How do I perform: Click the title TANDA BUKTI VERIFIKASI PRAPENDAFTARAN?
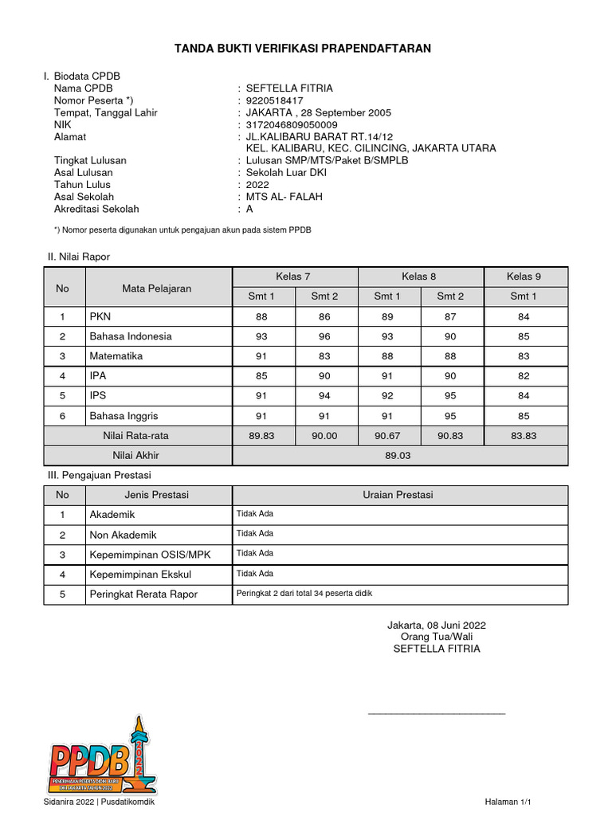(303, 49)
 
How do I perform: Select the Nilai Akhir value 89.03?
(399, 456)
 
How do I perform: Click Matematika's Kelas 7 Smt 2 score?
(324, 356)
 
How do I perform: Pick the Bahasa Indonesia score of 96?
(324, 336)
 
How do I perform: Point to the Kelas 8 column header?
(419, 277)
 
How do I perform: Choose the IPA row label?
(97, 376)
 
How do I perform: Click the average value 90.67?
(387, 436)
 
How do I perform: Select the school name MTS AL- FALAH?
(284, 197)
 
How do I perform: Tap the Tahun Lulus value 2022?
(259, 185)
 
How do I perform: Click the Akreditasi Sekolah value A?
(249, 209)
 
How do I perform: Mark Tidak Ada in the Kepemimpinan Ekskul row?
(255, 573)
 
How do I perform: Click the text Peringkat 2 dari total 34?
(304, 593)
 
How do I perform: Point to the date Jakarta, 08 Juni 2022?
(437, 625)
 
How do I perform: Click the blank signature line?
(437, 712)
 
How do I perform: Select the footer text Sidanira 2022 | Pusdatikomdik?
(99, 802)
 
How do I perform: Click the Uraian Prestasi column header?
(398, 495)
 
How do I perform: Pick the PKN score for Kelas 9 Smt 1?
(523, 316)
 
